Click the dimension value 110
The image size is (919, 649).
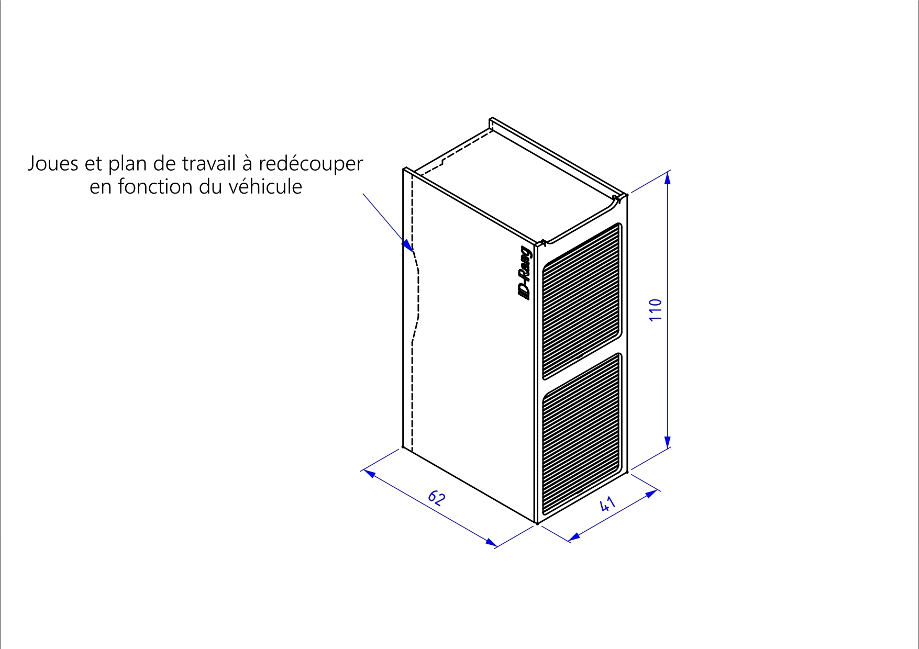pos(656,310)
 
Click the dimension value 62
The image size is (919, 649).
pos(437,497)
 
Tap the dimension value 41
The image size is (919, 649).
pos(606,504)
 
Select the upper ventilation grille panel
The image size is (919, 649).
pos(582,301)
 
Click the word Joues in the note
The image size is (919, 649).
pos(52,164)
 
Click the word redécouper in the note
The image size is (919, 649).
pos(311,164)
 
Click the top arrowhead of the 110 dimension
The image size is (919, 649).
pos(667,177)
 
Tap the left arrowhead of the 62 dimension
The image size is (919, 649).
pos(369,473)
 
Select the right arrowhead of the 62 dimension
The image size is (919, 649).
pos(491,543)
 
